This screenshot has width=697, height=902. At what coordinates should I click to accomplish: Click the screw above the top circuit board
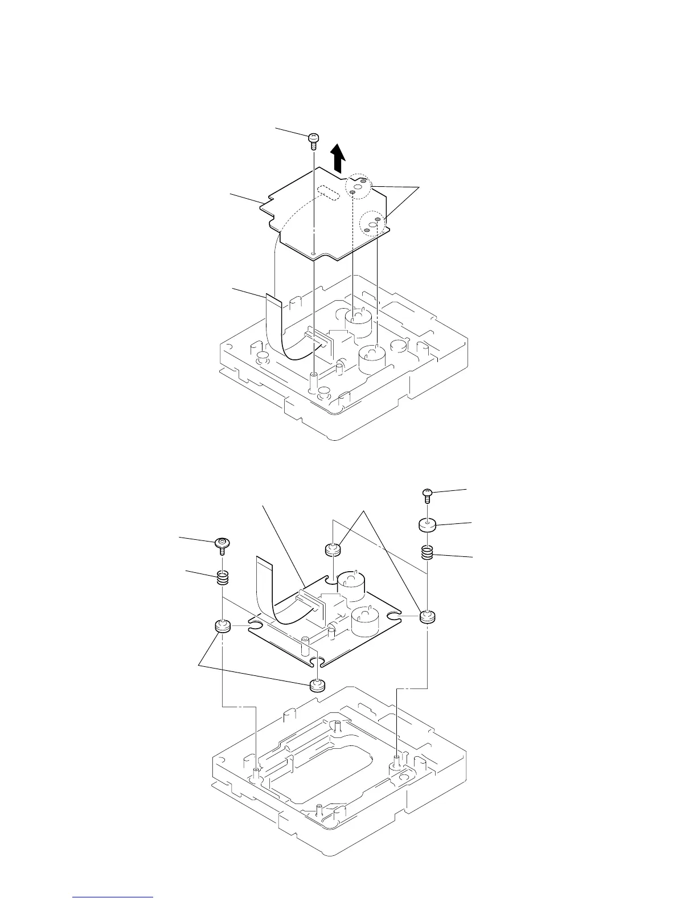314,139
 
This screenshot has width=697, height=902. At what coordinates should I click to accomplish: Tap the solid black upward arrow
338,157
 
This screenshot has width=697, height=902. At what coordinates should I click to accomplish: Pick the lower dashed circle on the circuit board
374,222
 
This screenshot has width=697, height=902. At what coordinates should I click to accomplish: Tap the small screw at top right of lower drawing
427,493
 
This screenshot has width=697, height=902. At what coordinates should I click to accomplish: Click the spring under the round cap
427,552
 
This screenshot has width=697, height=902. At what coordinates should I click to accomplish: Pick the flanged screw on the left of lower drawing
222,546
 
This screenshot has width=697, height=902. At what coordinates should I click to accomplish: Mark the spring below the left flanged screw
223,577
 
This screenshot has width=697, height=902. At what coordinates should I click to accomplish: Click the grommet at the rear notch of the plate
332,551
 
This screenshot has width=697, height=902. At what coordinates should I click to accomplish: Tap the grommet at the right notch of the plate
427,617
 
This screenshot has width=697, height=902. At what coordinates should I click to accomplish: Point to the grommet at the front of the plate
316,685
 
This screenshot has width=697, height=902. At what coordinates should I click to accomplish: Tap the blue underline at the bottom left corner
113,897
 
